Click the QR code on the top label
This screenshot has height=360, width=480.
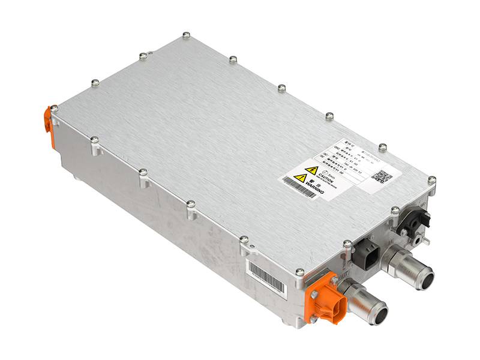pyautogui.click(x=382, y=176)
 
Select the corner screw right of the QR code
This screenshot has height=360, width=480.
pyautogui.click(x=431, y=179)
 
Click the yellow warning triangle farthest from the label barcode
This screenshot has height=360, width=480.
pyautogui.click(x=311, y=170)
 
